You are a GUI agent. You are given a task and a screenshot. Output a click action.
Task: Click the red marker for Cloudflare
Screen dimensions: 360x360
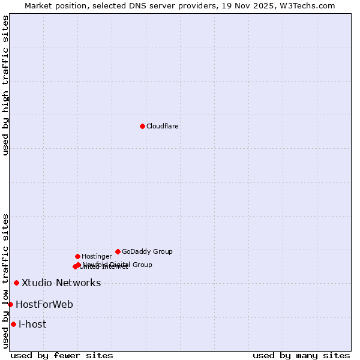click(x=142, y=126)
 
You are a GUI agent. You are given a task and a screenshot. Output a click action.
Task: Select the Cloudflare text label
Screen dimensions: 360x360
click(x=163, y=127)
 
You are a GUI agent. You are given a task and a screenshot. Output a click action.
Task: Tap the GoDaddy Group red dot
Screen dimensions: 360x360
click(x=118, y=251)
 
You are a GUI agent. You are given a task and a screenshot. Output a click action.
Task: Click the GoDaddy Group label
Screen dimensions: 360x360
click(x=147, y=252)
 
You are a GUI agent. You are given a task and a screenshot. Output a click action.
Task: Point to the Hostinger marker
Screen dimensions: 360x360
click(x=77, y=256)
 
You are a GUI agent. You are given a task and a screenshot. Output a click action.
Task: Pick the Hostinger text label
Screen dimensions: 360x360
click(x=97, y=257)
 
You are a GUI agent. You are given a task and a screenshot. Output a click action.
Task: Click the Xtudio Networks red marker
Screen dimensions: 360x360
click(x=16, y=283)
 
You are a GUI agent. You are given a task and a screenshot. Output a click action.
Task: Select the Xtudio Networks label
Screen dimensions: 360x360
click(x=61, y=283)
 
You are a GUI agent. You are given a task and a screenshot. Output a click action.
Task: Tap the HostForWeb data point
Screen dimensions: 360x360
click(x=10, y=304)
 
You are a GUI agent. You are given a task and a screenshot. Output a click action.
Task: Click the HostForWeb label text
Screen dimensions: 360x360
click(x=44, y=305)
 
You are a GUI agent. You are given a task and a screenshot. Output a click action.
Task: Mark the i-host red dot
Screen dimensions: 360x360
click(x=13, y=324)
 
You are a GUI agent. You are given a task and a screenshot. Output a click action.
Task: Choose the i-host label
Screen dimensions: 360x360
click(x=32, y=325)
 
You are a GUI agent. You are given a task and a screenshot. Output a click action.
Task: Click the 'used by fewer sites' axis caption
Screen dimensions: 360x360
click(x=62, y=355)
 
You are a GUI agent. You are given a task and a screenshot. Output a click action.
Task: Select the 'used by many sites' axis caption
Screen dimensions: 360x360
click(x=301, y=355)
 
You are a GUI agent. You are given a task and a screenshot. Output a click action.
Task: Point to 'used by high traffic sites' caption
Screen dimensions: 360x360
click(x=5, y=85)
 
